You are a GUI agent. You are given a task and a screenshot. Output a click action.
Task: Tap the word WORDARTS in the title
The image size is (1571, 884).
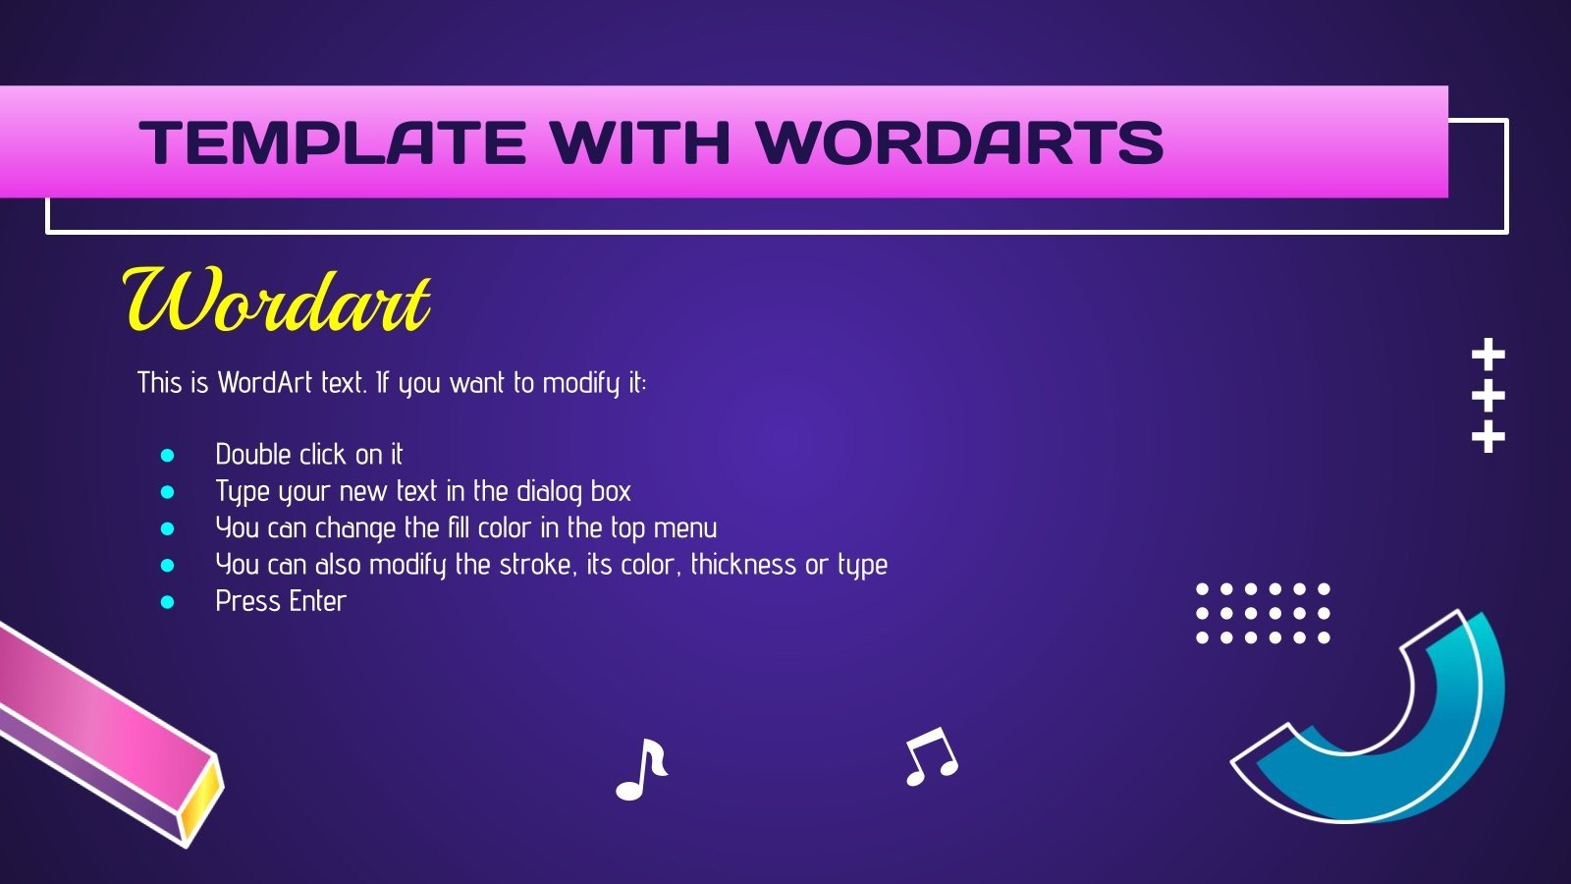tap(960, 142)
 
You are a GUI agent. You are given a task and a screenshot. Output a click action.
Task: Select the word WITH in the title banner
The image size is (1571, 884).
tap(640, 142)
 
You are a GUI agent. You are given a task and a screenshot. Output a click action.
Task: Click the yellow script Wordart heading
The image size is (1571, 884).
tap(276, 301)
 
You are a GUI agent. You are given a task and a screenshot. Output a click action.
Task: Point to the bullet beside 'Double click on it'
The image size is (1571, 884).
tap(167, 455)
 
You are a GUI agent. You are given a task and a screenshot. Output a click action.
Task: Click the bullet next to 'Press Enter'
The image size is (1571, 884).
tap(167, 601)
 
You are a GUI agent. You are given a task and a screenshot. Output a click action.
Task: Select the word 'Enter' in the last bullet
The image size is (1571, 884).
tap(315, 601)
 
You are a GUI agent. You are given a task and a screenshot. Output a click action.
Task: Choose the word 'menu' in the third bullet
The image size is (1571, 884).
tap(684, 528)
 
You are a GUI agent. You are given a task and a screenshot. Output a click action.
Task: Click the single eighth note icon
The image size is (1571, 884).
tap(641, 769)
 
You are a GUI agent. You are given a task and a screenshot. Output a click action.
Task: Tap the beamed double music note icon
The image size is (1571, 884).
tap(930, 756)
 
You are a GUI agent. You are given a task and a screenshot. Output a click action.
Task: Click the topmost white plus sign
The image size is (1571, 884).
tap(1489, 355)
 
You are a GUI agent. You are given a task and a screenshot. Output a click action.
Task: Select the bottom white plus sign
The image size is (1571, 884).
tap(1489, 436)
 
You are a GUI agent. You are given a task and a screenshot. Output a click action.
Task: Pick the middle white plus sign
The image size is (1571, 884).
tap(1489, 396)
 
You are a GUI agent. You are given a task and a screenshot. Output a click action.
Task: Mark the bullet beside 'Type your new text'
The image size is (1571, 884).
tap(167, 491)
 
